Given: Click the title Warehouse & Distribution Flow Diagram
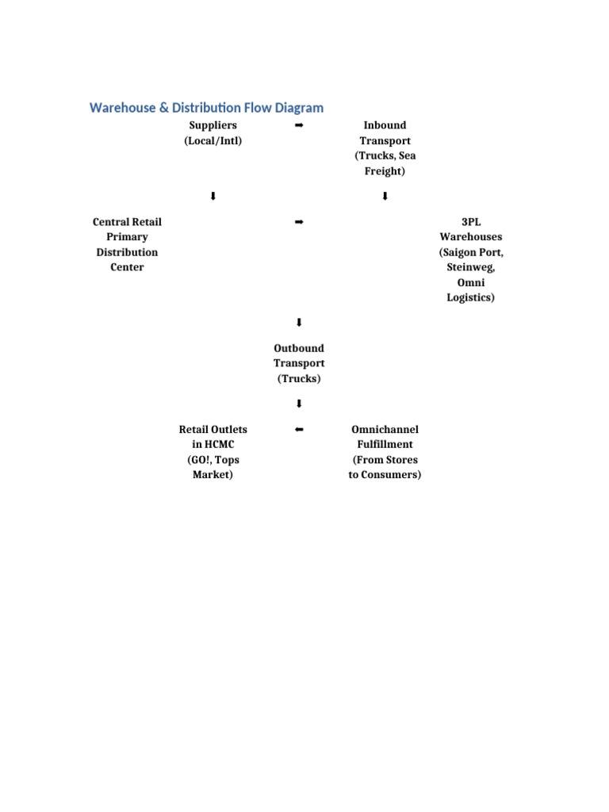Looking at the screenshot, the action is point(206,108).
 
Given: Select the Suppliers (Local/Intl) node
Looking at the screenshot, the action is point(213,133).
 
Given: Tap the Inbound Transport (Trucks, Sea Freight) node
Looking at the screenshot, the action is point(385,148).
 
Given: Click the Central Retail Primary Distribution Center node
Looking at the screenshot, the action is point(127,244).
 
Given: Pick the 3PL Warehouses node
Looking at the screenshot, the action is point(470,259).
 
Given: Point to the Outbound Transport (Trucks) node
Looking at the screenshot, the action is point(299,363).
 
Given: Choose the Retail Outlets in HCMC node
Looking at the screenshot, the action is point(213,452).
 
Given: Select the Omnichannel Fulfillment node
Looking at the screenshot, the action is point(385,452).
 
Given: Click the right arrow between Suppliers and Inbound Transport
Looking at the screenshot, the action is point(299,126).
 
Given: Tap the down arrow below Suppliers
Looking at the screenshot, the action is point(213,197).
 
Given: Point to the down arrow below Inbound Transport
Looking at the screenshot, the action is point(385,197).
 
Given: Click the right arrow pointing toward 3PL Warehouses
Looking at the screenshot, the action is point(299,222).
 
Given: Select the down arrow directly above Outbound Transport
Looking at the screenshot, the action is point(299,323).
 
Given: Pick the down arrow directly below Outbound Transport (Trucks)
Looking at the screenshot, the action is point(299,404).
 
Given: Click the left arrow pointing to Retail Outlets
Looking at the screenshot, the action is point(299,430).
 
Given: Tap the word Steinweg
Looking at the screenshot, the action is point(470,267).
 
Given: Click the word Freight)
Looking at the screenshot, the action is point(385,171).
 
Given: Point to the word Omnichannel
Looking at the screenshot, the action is point(385,430).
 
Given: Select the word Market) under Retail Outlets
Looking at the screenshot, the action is point(213,475).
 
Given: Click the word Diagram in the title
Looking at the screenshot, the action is point(293,108).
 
